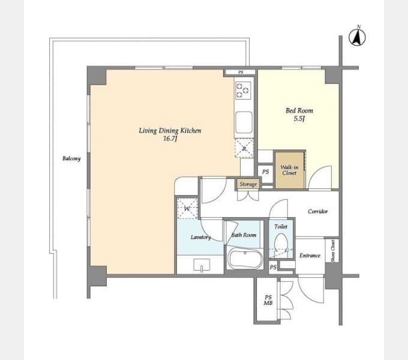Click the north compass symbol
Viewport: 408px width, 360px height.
coord(357,37)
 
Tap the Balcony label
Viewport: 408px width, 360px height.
coord(71,158)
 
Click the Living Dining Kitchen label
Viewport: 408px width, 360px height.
coord(170,130)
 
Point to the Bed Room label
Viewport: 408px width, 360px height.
coord(299,110)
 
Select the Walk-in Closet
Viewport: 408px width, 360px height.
coord(290,170)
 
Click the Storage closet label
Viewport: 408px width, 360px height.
coord(248,184)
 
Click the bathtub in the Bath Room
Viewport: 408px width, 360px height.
coord(245,259)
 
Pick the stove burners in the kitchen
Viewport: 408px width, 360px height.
coord(243,91)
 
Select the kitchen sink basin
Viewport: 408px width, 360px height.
coord(244,122)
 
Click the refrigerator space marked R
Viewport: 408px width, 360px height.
coord(244,148)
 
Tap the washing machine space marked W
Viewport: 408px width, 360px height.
coord(187,209)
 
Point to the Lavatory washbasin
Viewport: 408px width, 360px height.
coord(202,265)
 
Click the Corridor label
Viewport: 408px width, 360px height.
coord(318,211)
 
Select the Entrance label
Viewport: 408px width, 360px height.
coord(310,256)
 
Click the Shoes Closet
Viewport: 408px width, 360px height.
coord(332,251)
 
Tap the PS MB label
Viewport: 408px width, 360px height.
coord(268,300)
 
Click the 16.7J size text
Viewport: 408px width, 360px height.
coord(170,139)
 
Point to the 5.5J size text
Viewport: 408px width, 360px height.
coord(299,119)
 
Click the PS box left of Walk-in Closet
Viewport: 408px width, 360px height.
coord(265,172)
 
